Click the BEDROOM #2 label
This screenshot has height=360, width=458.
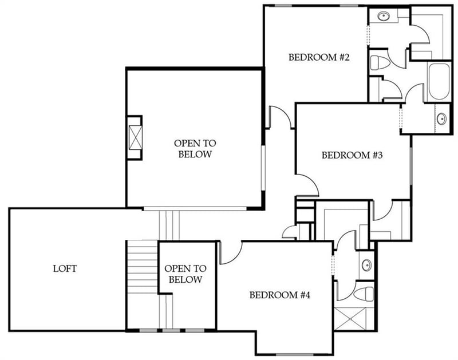click(x=319, y=57)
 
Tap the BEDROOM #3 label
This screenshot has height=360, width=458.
click(x=352, y=155)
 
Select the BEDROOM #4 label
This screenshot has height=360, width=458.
click(x=279, y=295)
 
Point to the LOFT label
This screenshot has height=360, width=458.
click(x=65, y=268)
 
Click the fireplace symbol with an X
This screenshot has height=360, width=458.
click(x=135, y=137)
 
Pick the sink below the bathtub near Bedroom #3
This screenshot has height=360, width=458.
click(x=442, y=119)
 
